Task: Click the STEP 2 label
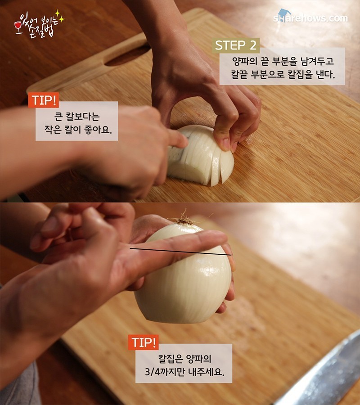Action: pyautogui.click(x=236, y=45)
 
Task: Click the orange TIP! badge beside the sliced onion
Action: pyautogui.click(x=43, y=100)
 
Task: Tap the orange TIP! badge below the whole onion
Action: pyautogui.click(x=144, y=342)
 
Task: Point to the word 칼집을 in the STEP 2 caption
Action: pyautogui.click(x=300, y=75)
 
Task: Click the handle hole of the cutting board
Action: pyautogui.click(x=128, y=56)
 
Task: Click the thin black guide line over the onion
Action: pyautogui.click(x=180, y=252)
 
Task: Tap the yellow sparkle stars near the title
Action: pyautogui.click(x=60, y=16)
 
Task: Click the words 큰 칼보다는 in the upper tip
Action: pyautogui.click(x=77, y=117)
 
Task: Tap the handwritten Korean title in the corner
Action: pyautogui.click(x=39, y=25)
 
